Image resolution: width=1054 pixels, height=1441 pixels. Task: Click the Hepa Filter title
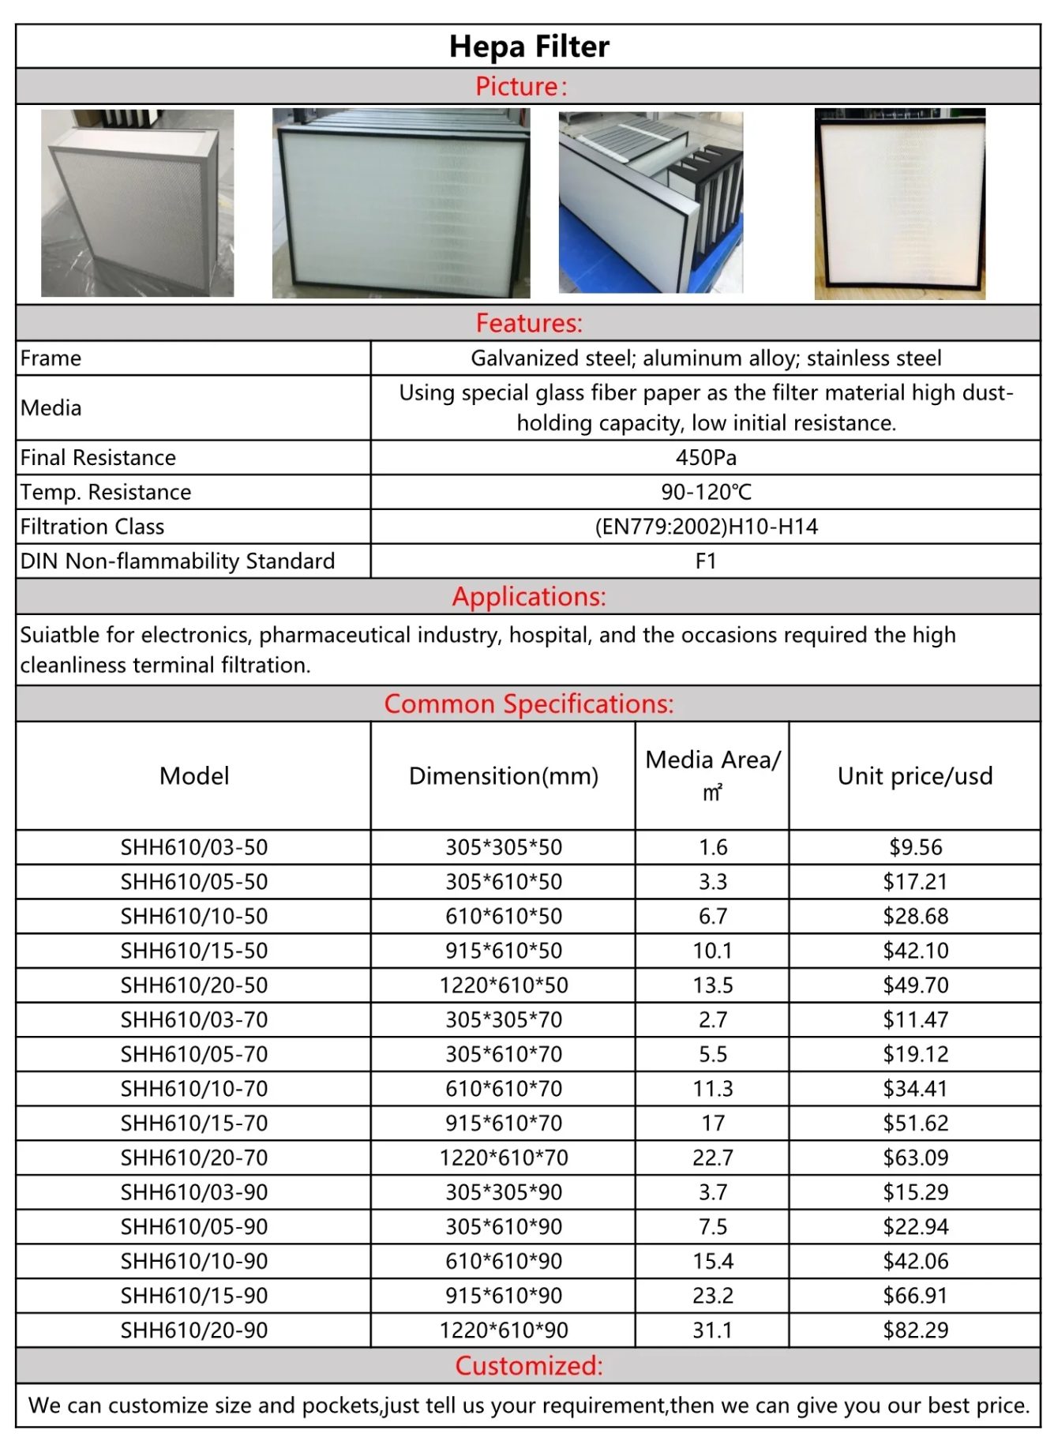pyautogui.click(x=529, y=47)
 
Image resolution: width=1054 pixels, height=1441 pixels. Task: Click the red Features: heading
pyautogui.click(x=529, y=323)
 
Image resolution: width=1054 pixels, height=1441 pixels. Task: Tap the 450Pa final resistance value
pyautogui.click(x=706, y=458)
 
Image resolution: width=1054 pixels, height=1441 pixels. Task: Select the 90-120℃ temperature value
pyautogui.click(x=706, y=492)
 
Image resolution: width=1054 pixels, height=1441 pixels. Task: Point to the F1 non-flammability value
pyautogui.click(x=706, y=561)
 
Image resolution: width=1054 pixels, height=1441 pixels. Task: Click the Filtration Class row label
pyautogui.click(x=92, y=527)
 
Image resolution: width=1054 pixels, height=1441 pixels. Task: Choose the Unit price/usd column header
pyautogui.click(x=915, y=776)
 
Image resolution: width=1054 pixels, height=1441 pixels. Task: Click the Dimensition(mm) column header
pyautogui.click(x=504, y=776)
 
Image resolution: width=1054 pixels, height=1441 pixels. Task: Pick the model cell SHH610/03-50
pyautogui.click(x=194, y=847)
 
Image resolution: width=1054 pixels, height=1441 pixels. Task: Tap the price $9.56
pyautogui.click(x=916, y=847)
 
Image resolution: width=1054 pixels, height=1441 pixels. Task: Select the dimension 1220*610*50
pyautogui.click(x=504, y=985)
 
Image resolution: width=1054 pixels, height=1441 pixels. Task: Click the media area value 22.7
pyautogui.click(x=713, y=1158)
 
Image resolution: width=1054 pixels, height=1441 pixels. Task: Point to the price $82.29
pyautogui.click(x=916, y=1330)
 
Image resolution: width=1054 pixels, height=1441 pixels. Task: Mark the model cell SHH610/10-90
pyautogui.click(x=194, y=1261)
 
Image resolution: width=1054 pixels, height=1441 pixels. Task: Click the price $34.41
pyautogui.click(x=916, y=1089)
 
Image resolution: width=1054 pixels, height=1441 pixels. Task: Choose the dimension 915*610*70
pyautogui.click(x=504, y=1123)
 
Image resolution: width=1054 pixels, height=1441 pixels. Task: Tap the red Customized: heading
pyautogui.click(x=529, y=1366)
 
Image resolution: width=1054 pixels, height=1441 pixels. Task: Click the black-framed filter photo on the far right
pyautogui.click(x=900, y=204)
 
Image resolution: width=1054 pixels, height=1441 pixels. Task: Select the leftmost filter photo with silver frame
pyautogui.click(x=137, y=204)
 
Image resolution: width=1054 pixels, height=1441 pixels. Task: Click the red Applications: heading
pyautogui.click(x=529, y=597)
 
